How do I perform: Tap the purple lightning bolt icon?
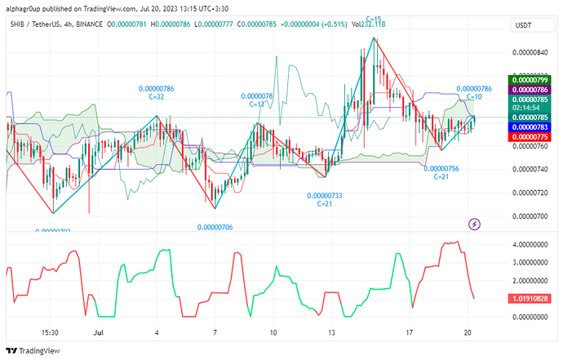pos(475,224)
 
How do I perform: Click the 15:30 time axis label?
pos(50,333)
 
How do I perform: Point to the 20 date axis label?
pos(465,333)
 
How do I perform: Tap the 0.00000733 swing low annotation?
pos(325,196)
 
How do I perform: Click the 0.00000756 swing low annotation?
pos(441,168)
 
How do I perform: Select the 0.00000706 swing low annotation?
pos(215,227)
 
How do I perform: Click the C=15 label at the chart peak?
pos(375,18)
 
